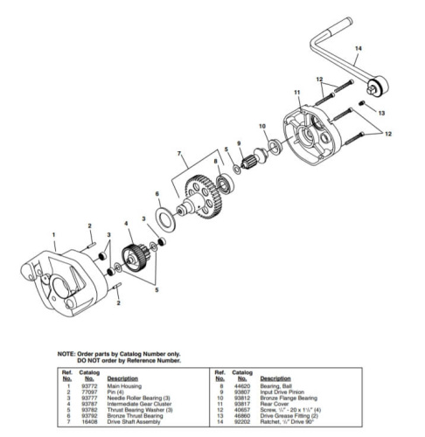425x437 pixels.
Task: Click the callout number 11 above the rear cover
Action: click(296, 93)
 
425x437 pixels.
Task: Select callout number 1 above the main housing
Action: click(53, 233)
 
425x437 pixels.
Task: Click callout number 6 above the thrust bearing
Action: click(157, 194)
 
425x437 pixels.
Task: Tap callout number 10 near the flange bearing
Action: click(262, 128)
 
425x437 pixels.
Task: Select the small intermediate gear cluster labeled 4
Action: click(134, 259)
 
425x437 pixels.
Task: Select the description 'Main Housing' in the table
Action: click(126, 384)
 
